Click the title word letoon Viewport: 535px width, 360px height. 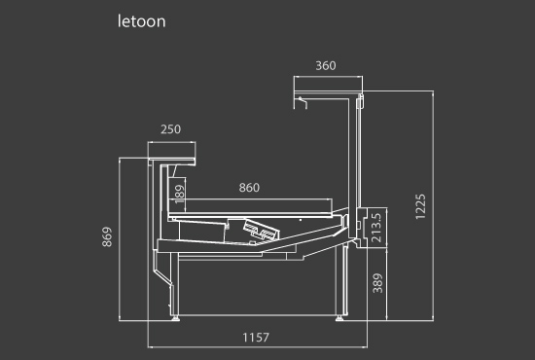(142, 21)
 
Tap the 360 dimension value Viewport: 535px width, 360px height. (326, 65)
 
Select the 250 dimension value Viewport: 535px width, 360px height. (170, 129)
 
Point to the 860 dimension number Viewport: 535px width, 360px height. (249, 188)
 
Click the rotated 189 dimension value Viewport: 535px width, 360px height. (180, 195)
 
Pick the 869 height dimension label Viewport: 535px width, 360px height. (107, 236)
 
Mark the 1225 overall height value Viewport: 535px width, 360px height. (420, 206)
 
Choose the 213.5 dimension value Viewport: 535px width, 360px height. (376, 228)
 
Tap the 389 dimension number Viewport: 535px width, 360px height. (377, 283)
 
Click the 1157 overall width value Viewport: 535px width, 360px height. (256, 338)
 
